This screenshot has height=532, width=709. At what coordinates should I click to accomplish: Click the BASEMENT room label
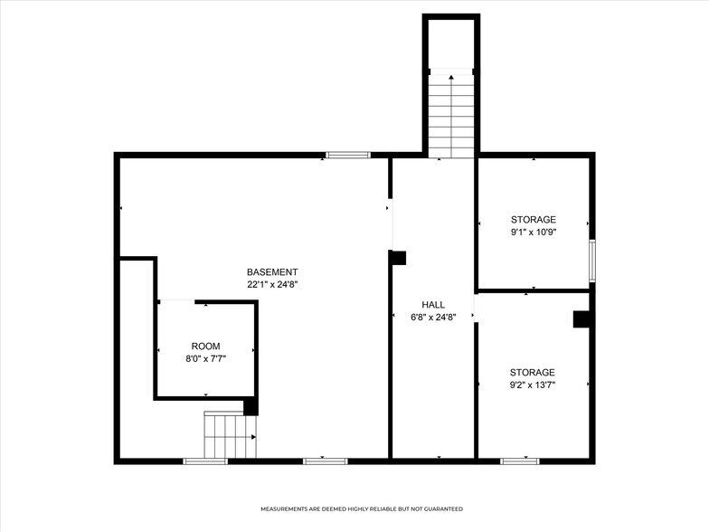point(272,272)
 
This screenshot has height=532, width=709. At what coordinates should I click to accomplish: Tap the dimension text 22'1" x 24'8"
point(272,284)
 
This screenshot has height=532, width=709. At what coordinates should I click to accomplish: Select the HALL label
point(433,304)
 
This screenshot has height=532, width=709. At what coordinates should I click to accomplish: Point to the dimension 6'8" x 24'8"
point(433,317)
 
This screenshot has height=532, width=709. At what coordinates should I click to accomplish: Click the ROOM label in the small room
point(205,347)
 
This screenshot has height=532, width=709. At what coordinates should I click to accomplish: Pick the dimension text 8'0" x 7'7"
point(205,358)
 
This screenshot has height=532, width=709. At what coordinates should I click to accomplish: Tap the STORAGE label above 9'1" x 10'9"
point(534,220)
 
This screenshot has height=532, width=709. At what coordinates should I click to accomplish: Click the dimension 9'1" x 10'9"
point(534,232)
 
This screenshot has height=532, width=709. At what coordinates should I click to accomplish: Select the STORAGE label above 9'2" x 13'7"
point(533,373)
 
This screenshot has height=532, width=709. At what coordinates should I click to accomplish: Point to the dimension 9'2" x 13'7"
point(533,385)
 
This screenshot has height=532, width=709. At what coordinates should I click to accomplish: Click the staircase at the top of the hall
point(451,118)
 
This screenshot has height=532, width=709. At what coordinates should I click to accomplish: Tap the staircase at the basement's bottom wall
point(229,436)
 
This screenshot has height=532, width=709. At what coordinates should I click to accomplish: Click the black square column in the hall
point(398,258)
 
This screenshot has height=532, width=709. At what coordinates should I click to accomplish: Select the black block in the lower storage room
point(582,319)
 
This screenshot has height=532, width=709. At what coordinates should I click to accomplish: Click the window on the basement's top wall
point(348,155)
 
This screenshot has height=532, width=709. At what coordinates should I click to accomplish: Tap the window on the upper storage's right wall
point(592,261)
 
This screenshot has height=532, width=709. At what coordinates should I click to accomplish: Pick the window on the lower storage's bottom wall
point(520,461)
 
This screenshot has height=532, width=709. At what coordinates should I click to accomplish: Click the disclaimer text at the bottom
point(362,509)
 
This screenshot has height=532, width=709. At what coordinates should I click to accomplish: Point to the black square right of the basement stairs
point(251,406)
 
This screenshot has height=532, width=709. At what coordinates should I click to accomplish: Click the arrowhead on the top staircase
point(451,78)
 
